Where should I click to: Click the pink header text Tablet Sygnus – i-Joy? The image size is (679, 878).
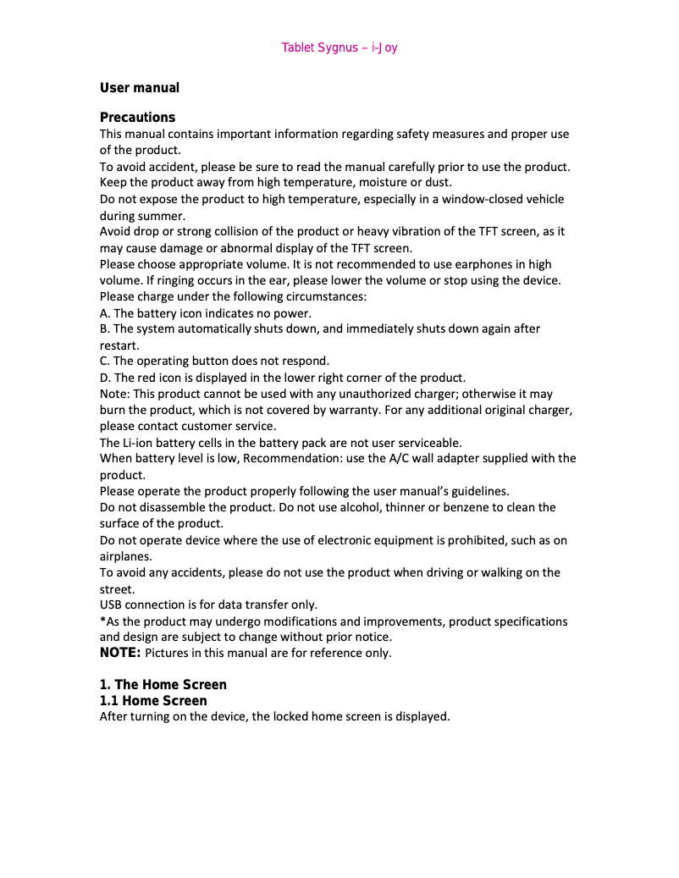pyautogui.click(x=339, y=47)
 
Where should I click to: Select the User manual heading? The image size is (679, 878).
pyautogui.click(x=140, y=88)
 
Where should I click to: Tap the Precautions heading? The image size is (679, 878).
pyautogui.click(x=138, y=117)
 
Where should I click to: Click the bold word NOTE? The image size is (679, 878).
pyautogui.click(x=119, y=653)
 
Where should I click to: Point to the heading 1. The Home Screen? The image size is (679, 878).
pyautogui.click(x=163, y=684)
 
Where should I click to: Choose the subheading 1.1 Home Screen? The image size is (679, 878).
pyautogui.click(x=153, y=701)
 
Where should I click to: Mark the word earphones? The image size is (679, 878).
pyautogui.click(x=485, y=264)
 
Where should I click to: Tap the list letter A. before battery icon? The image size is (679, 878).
pyautogui.click(x=105, y=312)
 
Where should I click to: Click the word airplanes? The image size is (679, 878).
pyautogui.click(x=126, y=556)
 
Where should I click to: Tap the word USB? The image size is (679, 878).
pyautogui.click(x=111, y=605)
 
